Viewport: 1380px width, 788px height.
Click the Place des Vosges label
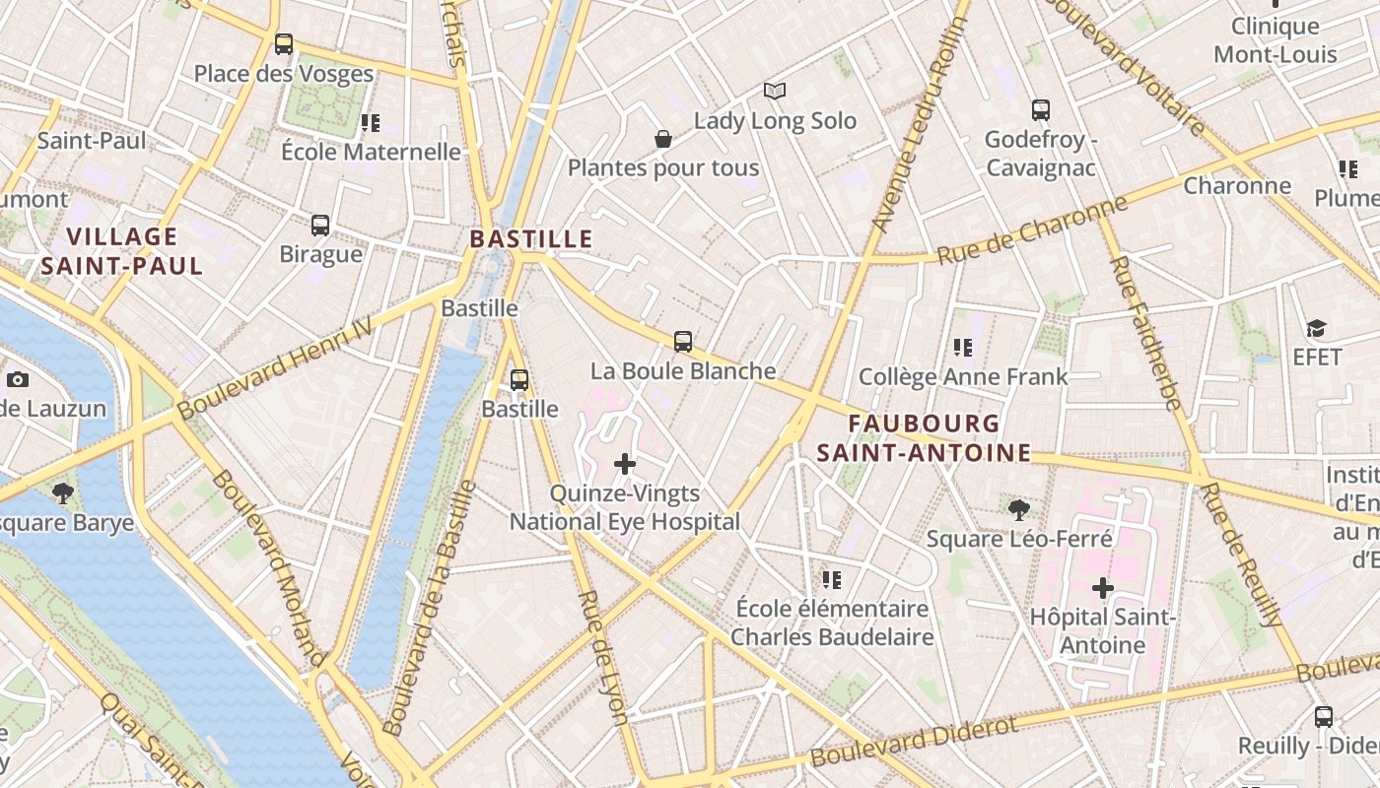pos(283,74)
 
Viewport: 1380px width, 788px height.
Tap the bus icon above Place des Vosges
pos(284,43)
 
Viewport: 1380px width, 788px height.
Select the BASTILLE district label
pos(531,238)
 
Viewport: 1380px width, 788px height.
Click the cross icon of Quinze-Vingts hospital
pos(625,463)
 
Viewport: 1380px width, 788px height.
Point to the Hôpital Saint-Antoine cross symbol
pos(1102,589)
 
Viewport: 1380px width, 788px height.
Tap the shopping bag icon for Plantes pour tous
pos(663,139)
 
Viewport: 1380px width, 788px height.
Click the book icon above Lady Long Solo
pos(775,92)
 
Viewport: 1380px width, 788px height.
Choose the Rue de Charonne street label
pos(1031,230)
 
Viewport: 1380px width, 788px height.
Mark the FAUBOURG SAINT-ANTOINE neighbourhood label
pos(924,438)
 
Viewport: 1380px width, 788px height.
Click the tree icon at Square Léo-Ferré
pos(1019,509)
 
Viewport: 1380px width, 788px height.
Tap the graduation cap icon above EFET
pos(1316,328)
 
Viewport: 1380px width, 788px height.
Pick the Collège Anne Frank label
pos(963,376)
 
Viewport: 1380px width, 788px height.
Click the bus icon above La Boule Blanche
pos(683,342)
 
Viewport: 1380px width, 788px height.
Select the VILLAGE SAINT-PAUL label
pos(122,251)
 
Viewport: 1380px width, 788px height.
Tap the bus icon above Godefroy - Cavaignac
pos(1041,110)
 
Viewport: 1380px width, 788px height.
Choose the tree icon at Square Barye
pos(63,492)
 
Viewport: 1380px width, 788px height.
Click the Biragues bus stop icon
pos(320,225)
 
